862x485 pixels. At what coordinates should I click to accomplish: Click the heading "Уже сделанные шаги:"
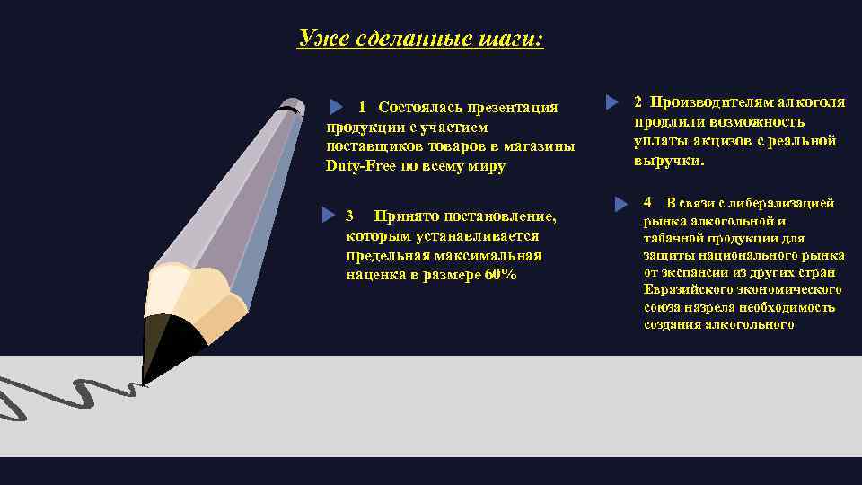point(420,39)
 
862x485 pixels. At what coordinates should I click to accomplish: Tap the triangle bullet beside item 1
point(338,108)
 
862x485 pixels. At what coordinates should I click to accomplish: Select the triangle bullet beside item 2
point(612,102)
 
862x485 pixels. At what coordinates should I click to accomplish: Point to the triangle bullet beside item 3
point(329,216)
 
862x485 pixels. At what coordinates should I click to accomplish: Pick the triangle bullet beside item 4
point(620,204)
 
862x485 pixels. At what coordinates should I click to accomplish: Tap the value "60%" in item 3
point(499,275)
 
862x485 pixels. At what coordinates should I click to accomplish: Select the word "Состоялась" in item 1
point(418,108)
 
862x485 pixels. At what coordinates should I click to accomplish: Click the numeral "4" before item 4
point(647,202)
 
